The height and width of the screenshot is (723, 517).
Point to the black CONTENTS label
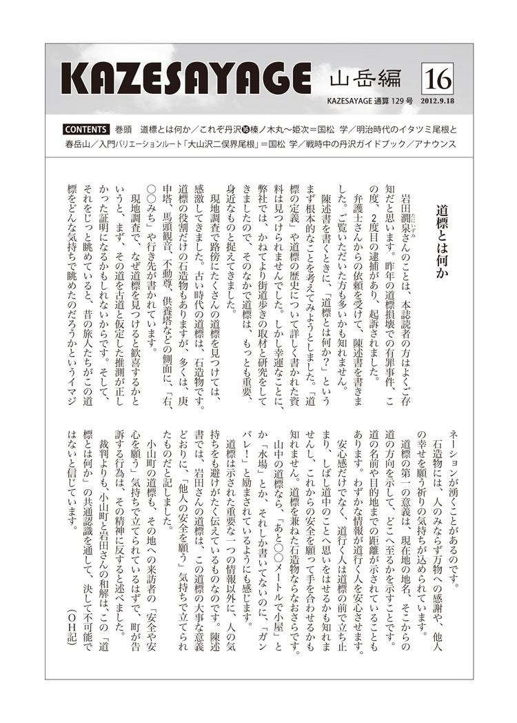85,129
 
